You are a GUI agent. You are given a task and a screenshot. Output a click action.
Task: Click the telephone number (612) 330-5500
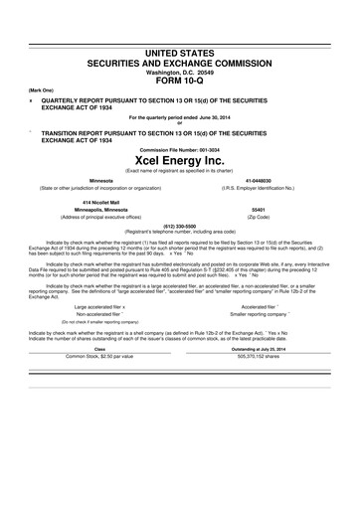coord(179,225)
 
